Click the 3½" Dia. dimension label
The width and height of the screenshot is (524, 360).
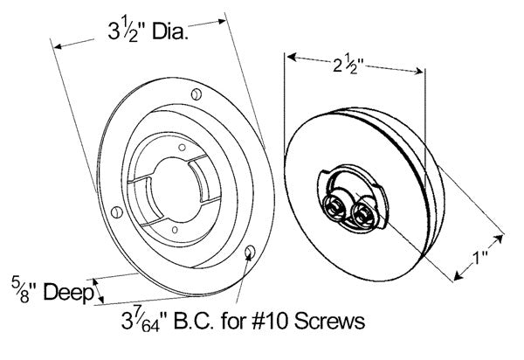[x=148, y=31]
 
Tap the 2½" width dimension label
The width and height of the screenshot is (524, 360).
[x=348, y=65]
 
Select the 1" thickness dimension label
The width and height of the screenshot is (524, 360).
[x=480, y=258]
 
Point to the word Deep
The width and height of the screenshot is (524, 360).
[x=69, y=293]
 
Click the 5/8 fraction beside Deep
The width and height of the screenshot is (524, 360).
[x=20, y=289]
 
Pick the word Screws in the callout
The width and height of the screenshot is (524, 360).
[x=329, y=322]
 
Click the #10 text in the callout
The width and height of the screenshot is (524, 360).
[x=271, y=322]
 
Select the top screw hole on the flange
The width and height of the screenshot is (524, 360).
[x=196, y=94]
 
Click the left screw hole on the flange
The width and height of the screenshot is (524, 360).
[x=117, y=212]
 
